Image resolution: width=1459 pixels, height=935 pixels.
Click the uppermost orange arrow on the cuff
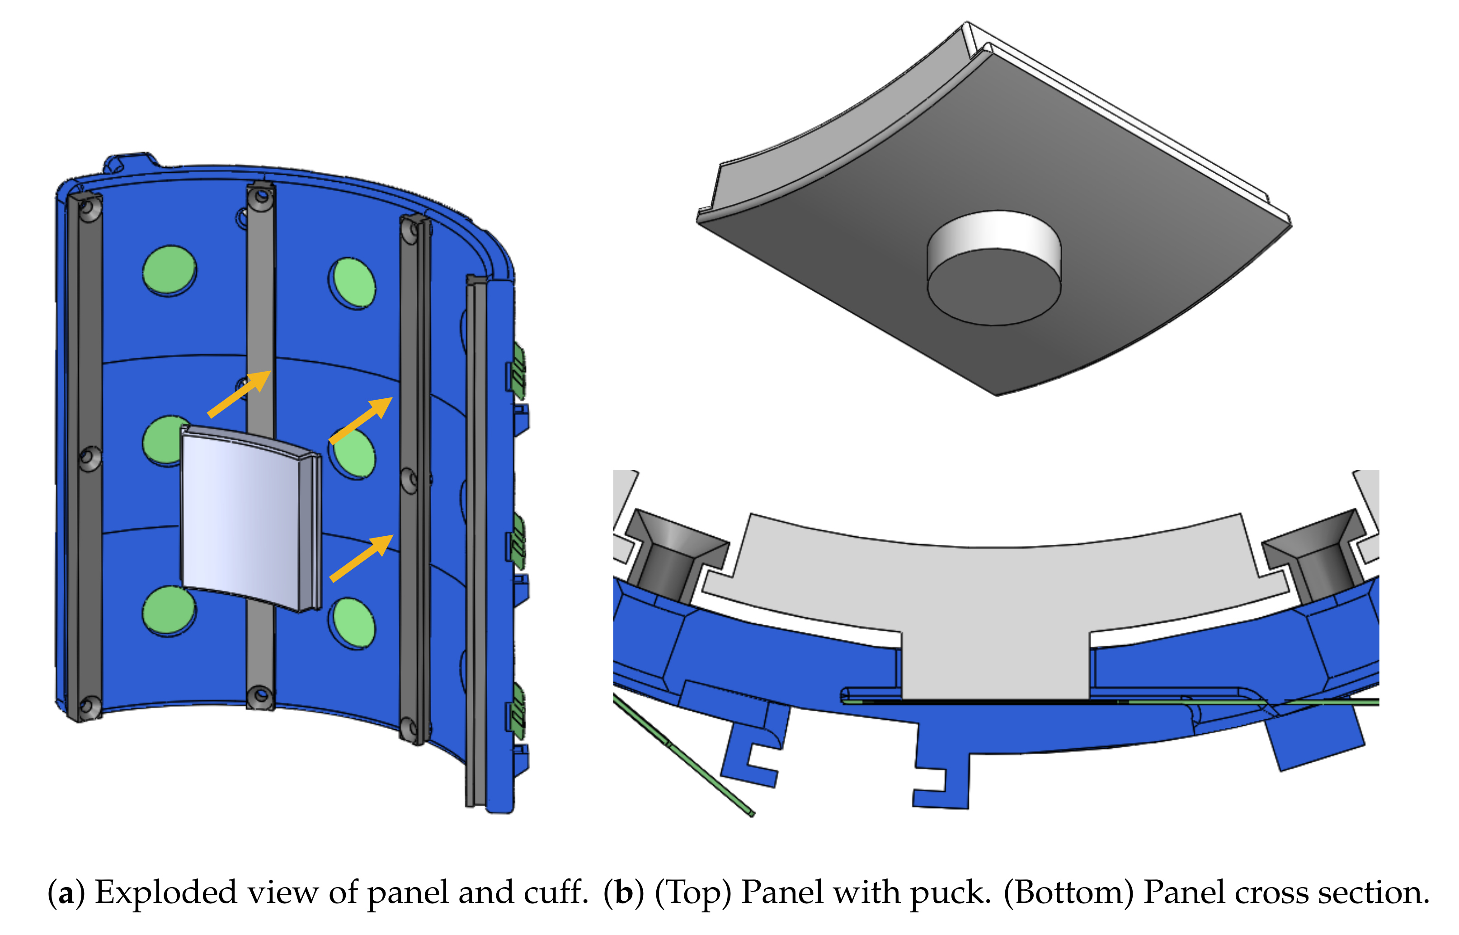(x=239, y=393)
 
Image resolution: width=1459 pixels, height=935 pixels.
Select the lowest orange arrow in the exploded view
(x=362, y=557)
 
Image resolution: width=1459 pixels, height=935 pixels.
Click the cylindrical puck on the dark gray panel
(x=994, y=268)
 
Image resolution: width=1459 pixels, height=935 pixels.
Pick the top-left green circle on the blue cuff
(x=169, y=270)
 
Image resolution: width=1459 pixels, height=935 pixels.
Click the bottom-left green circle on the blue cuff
(x=169, y=611)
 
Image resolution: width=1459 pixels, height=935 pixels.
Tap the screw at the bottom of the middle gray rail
(x=261, y=694)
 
